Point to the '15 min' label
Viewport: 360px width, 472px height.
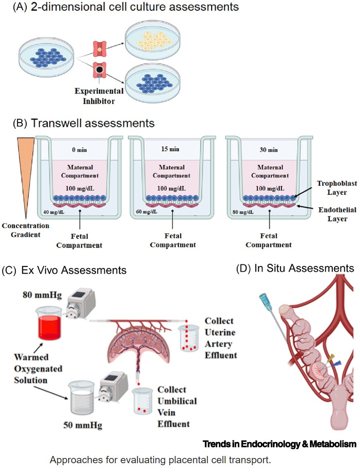pyautogui.click(x=168, y=150)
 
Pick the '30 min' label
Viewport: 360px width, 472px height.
pyautogui.click(x=268, y=150)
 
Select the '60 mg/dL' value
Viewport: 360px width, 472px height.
pyautogui.click(x=145, y=212)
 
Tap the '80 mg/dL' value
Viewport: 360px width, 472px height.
pyautogui.click(x=242, y=212)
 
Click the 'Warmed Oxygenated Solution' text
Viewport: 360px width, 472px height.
pyautogui.click(x=38, y=368)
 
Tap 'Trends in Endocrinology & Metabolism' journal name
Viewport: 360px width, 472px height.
pyautogui.click(x=279, y=444)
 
